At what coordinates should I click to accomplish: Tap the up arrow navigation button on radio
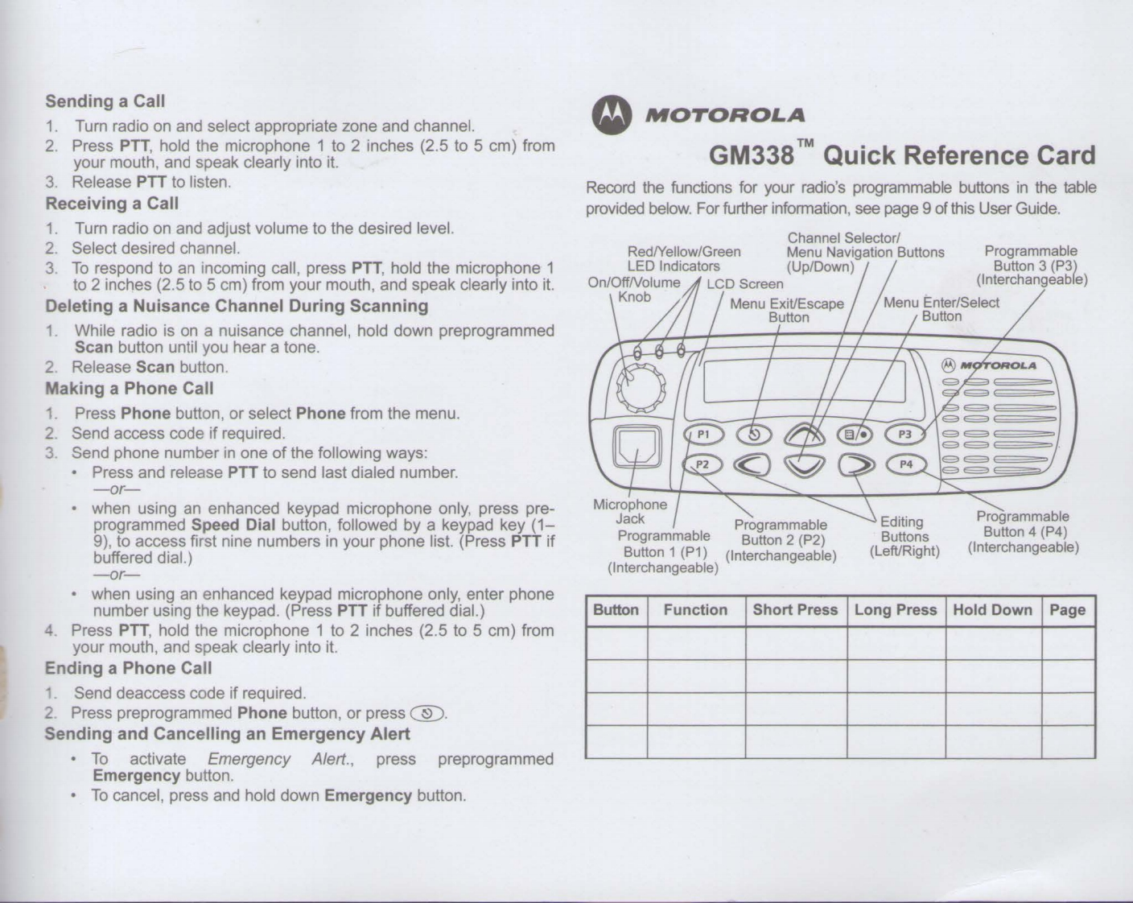(x=805, y=435)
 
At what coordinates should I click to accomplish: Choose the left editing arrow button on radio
(x=754, y=465)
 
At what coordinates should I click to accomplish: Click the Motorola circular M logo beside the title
(x=608, y=115)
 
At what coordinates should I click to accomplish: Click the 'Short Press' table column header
(x=795, y=610)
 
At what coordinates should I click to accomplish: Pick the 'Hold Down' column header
(x=992, y=610)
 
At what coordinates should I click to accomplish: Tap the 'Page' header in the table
(x=1067, y=610)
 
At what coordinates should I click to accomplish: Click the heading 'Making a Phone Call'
(x=130, y=389)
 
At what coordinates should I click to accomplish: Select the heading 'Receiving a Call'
(x=112, y=204)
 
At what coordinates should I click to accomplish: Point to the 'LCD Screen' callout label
(x=744, y=283)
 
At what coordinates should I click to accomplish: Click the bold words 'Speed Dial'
(x=233, y=526)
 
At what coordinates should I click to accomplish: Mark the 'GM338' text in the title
(x=751, y=155)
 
